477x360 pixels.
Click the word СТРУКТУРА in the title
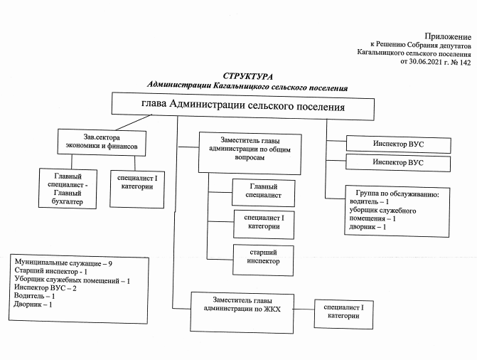point(247,75)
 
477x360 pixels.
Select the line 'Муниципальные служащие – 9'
point(64,263)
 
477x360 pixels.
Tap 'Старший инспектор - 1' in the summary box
point(50,272)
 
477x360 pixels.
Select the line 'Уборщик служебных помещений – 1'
point(72,280)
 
